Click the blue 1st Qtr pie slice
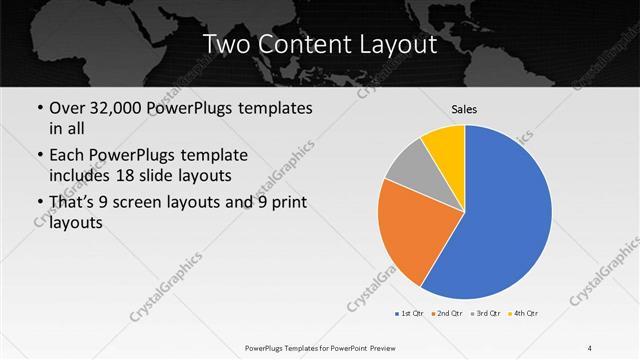pos(500,215)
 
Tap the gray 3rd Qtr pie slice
pos(408,167)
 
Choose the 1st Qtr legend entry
pos(408,313)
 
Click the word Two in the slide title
pos(226,45)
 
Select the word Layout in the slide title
pos(401,45)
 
